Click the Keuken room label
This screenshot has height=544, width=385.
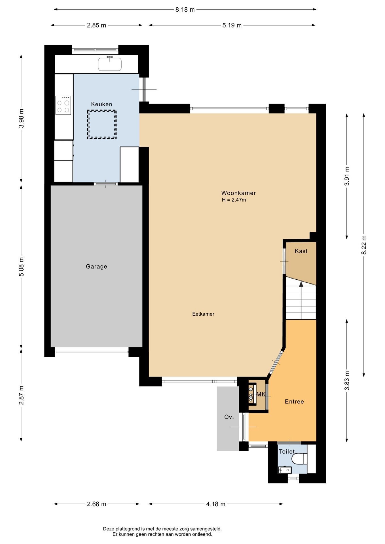click(x=101, y=104)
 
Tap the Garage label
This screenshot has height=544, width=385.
click(x=96, y=266)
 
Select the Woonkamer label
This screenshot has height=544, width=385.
click(x=238, y=193)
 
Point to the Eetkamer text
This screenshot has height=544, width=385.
click(x=203, y=314)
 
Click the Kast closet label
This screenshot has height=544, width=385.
click(x=301, y=251)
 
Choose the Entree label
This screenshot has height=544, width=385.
click(x=294, y=401)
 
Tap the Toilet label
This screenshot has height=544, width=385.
click(x=287, y=452)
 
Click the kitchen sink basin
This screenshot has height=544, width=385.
click(x=110, y=64)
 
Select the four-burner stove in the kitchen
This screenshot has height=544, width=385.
click(x=63, y=105)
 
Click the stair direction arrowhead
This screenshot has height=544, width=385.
click(x=301, y=284)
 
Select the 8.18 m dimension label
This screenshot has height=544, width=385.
click(x=185, y=10)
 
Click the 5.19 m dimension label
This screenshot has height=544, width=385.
click(x=232, y=25)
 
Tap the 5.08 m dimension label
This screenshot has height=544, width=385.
click(x=21, y=266)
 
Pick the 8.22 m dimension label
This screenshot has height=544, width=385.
click(x=364, y=245)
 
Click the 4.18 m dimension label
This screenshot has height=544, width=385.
click(x=216, y=504)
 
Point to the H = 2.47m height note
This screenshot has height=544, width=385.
click(x=234, y=200)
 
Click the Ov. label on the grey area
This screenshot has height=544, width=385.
click(x=229, y=417)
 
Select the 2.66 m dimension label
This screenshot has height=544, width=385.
click(x=96, y=504)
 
